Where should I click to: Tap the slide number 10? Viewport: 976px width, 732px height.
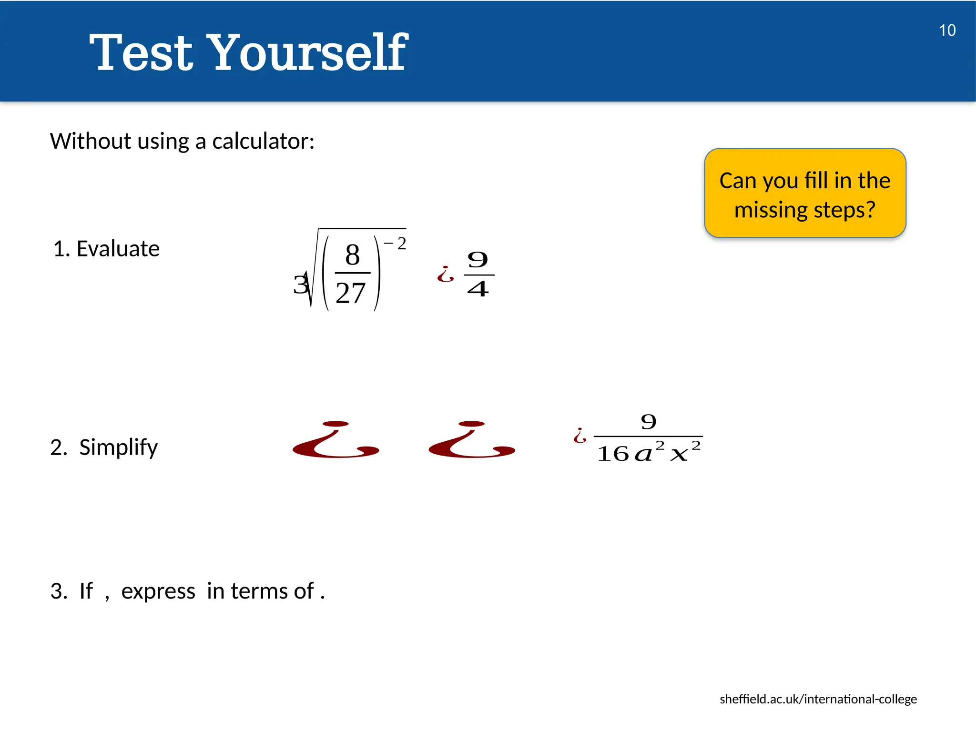[947, 30]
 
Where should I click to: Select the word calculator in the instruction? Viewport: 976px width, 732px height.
[263, 142]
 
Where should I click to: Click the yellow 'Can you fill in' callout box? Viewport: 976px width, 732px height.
[805, 193]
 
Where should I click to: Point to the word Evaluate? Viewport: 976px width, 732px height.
[118, 249]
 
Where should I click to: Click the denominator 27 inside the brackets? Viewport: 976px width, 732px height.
[351, 293]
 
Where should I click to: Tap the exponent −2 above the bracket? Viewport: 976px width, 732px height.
[396, 244]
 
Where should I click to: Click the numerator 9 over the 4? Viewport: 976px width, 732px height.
[478, 260]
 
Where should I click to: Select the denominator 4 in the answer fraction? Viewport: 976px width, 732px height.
[478, 289]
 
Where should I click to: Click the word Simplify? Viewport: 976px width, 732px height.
[118, 447]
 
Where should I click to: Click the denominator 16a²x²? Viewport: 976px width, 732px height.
[648, 453]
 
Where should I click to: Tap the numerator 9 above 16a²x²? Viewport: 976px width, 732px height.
[648, 422]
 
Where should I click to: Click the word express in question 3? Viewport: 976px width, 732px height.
[158, 591]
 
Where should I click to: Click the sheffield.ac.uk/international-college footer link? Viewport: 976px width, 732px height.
[818, 699]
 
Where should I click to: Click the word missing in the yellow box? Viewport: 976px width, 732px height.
[771, 210]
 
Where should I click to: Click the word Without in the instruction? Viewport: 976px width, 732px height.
[91, 142]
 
